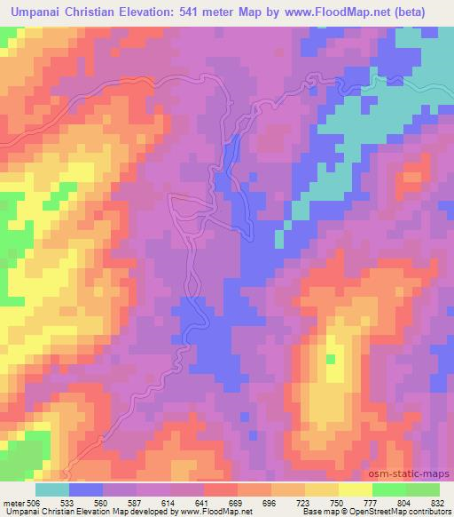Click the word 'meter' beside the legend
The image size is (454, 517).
click(x=13, y=501)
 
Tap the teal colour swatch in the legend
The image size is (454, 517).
click(x=52, y=489)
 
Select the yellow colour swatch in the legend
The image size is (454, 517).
click(x=355, y=489)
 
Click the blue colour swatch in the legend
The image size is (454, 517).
click(x=86, y=489)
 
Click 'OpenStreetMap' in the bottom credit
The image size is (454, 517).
click(x=396, y=512)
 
